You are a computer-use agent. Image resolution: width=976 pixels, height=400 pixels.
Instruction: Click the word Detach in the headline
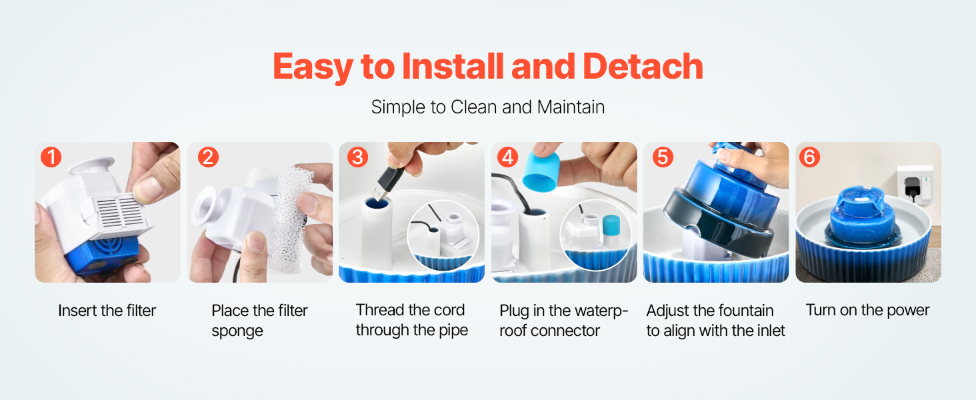[x=643, y=67]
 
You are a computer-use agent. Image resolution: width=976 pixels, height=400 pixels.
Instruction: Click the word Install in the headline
[x=453, y=67]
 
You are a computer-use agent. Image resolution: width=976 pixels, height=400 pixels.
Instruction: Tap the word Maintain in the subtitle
[x=571, y=107]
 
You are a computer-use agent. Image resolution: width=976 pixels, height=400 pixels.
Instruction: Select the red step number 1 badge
[x=51, y=157]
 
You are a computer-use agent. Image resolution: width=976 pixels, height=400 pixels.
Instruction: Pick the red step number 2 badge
[x=208, y=157]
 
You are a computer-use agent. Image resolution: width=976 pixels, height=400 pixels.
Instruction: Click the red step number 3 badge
[x=358, y=157]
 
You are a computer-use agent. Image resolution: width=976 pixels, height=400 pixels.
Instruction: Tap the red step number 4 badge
[x=507, y=157]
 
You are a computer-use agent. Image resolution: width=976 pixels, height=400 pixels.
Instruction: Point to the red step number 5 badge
[x=663, y=157]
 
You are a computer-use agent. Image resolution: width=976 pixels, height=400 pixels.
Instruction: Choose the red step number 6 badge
[x=809, y=157]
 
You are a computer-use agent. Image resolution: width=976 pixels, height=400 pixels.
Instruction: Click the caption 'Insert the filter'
[x=107, y=311]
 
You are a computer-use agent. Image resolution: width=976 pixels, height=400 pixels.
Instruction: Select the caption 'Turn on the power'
[x=867, y=310]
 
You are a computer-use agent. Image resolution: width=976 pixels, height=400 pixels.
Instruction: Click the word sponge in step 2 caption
[x=237, y=331]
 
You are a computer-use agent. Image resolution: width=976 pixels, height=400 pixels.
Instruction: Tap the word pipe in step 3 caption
[x=453, y=331]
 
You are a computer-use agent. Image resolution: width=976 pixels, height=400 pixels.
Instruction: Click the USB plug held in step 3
[x=384, y=183]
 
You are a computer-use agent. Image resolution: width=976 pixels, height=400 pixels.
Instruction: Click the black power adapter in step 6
[x=911, y=187]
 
